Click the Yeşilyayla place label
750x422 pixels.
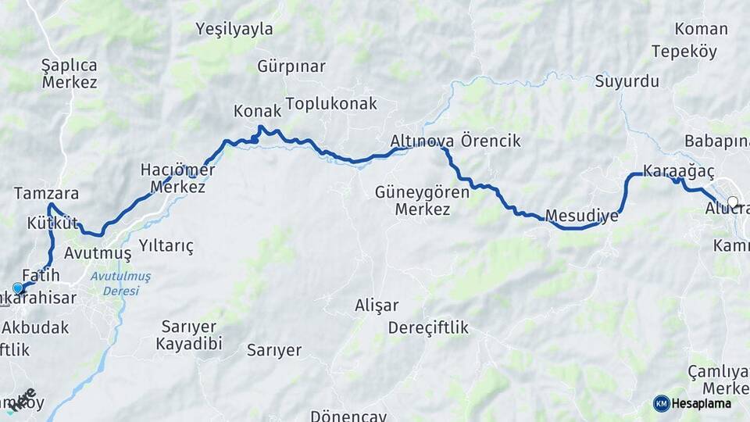[x=234, y=30]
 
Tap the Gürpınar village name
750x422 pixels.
[x=291, y=66]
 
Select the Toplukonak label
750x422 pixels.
[x=331, y=104]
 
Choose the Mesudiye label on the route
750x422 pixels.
[x=582, y=216]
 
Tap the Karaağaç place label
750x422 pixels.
[x=668, y=171]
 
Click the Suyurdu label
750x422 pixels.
[x=627, y=81]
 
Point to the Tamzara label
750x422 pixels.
[x=46, y=193]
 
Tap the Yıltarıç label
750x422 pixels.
[x=166, y=246]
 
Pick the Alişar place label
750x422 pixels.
[x=377, y=306]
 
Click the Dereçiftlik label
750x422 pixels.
[x=428, y=327]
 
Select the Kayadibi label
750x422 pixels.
[x=189, y=344]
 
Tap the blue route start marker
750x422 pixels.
[x=18, y=288]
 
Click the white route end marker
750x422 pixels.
[x=733, y=202]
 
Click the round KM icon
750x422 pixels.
[x=661, y=403]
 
